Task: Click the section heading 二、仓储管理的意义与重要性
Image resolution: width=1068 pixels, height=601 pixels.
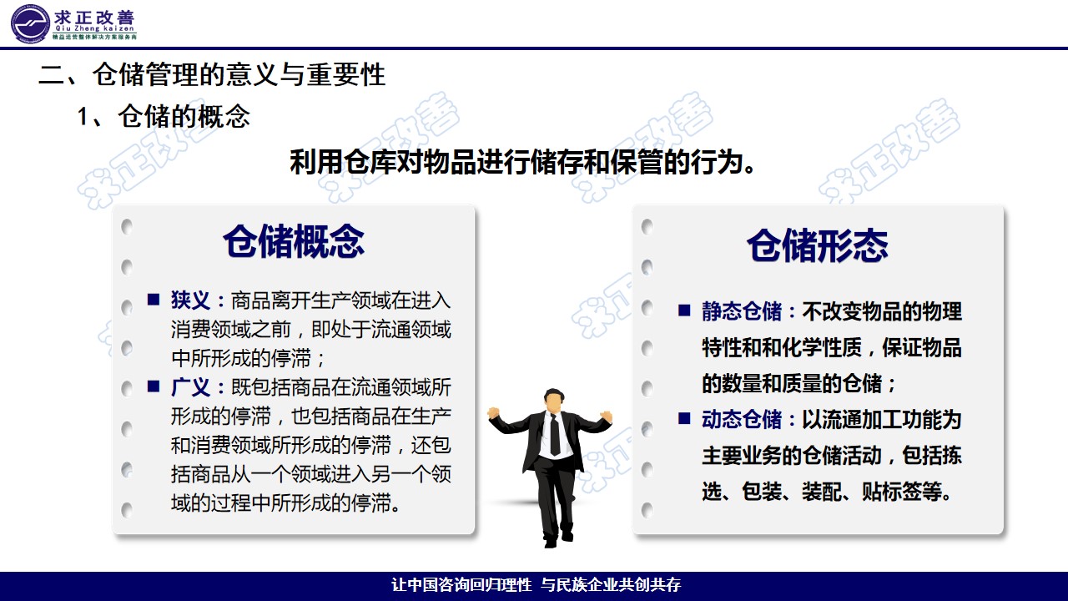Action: [212, 75]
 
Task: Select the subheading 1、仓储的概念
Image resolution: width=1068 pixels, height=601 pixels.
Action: [164, 116]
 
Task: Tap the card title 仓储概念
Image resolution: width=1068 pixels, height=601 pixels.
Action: [293, 241]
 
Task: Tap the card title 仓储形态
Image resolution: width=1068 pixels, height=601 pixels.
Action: [817, 245]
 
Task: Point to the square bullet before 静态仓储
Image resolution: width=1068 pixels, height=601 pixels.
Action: [684, 311]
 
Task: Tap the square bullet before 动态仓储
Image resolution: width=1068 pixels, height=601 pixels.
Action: [684, 418]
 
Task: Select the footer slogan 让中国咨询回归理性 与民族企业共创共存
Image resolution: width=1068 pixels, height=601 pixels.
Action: [536, 585]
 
